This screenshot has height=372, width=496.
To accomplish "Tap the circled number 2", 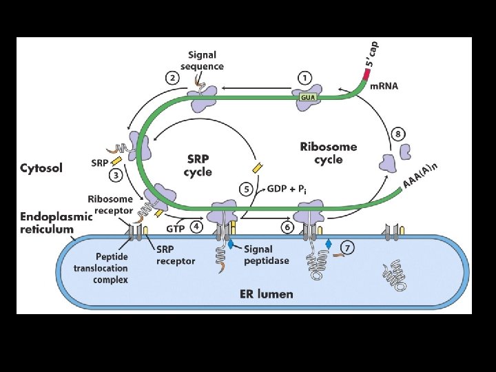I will pos(172,78).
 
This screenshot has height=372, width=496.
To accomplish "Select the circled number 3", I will pos(116,176).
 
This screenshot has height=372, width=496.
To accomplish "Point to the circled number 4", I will pos(196,225).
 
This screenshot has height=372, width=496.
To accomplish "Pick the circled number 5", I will pos(245,189).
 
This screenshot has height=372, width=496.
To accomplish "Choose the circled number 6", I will pos(287,225).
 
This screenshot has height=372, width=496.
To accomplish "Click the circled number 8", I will pos(398,133).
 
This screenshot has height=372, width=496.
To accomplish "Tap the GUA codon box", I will pos(307,98).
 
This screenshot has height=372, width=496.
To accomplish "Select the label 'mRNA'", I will pos(384,86).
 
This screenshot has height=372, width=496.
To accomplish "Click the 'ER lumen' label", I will pos(265,294).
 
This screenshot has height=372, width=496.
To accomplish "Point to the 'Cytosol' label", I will pos(41,167).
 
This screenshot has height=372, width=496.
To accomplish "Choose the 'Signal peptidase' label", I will pos(266,255).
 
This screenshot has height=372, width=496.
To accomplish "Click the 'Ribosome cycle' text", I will pos(329,153).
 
